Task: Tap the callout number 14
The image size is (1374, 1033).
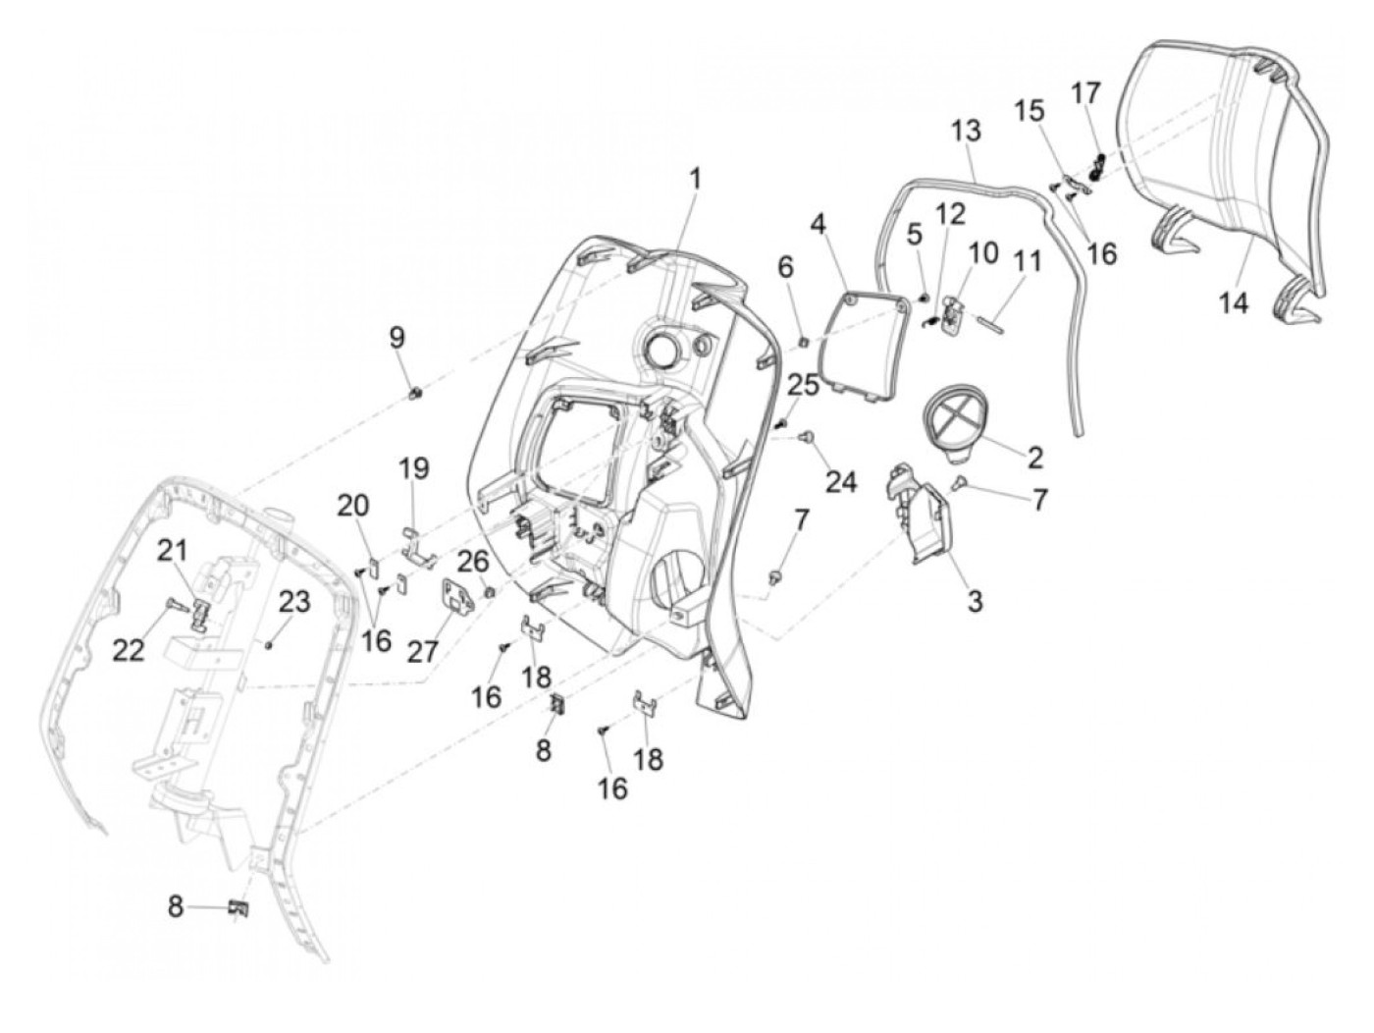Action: (1234, 303)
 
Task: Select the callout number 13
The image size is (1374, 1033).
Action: (965, 131)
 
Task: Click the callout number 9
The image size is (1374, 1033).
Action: (396, 339)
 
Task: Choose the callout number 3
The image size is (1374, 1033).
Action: (975, 600)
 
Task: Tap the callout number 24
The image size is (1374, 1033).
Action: (841, 481)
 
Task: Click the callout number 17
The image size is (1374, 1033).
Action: (1085, 94)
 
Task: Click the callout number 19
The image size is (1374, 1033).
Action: (413, 468)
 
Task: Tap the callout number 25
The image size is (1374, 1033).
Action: (803, 384)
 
